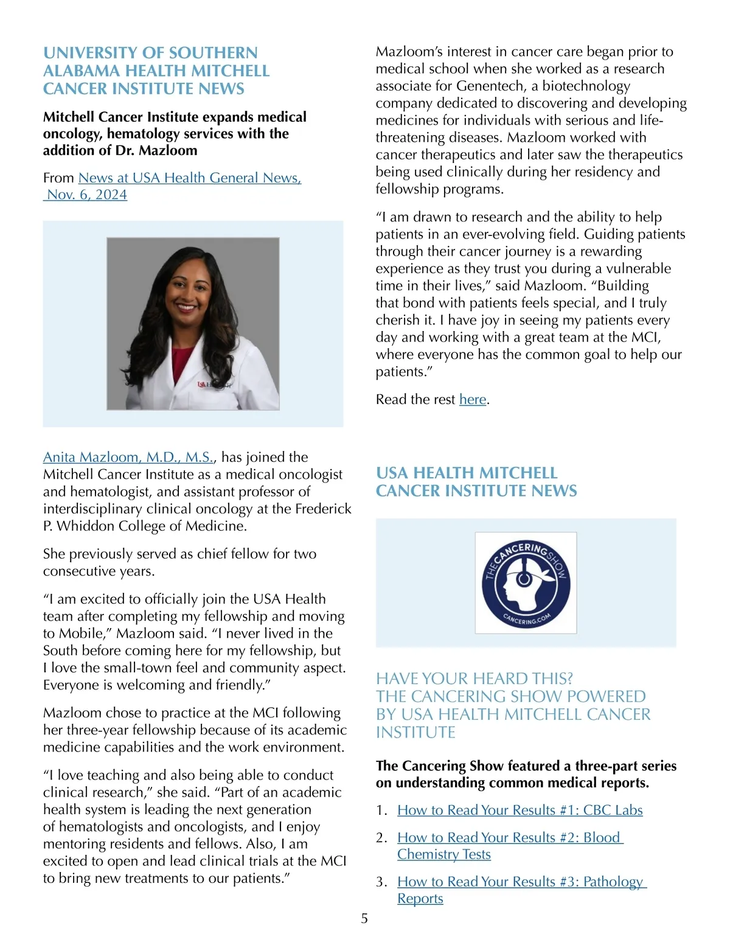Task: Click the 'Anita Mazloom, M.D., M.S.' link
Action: [128, 457]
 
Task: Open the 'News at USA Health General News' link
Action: [189, 178]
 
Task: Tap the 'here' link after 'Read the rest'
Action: [473, 399]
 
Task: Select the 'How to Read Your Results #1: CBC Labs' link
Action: [520, 810]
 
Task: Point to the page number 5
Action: [364, 918]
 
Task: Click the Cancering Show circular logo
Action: [526, 582]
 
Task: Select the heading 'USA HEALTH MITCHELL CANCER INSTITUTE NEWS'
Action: [476, 482]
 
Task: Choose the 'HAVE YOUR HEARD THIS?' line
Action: [474, 678]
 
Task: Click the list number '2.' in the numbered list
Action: [381, 838]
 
